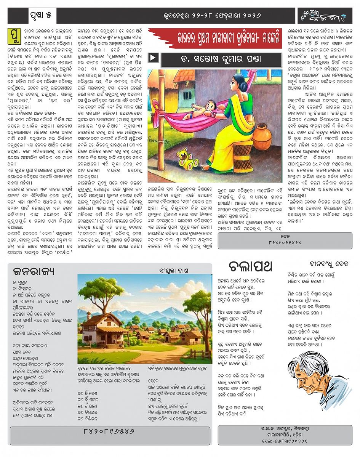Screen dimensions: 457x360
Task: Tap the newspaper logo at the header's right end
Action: [x=325, y=16]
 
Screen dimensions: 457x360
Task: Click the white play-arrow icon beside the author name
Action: [x=153, y=58]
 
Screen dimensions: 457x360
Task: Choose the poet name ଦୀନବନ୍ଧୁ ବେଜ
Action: [x=329, y=264]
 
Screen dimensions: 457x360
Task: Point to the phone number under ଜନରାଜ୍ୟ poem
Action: [x=109, y=431]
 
